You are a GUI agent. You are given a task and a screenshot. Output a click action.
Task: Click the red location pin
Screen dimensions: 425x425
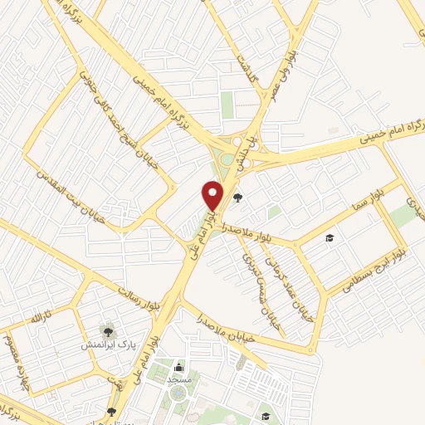point(213,196)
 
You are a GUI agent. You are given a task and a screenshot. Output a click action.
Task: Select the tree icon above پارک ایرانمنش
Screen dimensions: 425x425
point(105,329)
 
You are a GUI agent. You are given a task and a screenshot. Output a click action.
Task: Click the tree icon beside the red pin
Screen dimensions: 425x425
point(239,198)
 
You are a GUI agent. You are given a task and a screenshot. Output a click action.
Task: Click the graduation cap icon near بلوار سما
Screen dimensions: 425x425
point(330,238)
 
